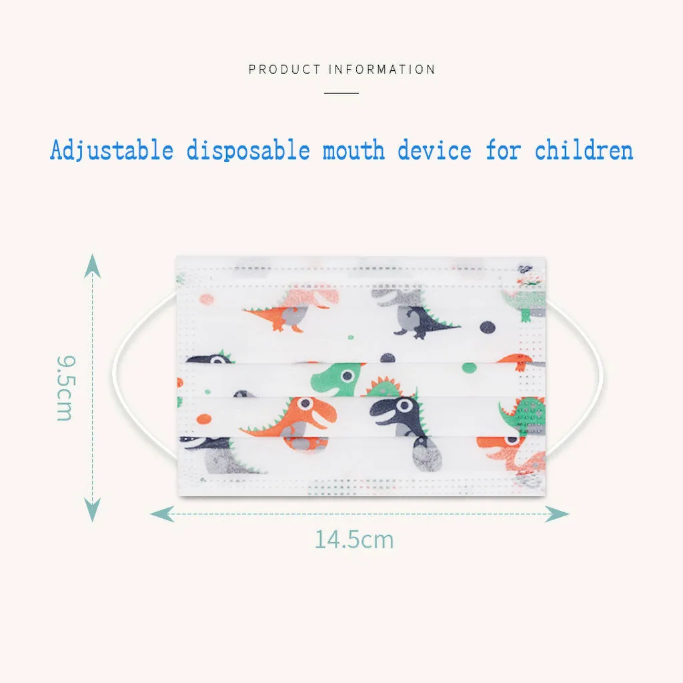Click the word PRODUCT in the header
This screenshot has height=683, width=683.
[285, 69]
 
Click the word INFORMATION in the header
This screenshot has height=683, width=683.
[382, 69]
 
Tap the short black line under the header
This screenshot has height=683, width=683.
[341, 93]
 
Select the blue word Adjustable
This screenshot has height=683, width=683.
[111, 150]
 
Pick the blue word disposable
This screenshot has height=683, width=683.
[247, 150]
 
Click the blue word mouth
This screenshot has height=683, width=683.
[354, 150]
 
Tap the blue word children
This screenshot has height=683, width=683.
[584, 150]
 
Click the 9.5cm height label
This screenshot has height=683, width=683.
[65, 388]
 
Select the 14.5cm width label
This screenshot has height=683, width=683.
[354, 539]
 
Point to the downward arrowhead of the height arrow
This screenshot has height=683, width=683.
[92, 512]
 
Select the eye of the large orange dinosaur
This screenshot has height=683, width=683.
[304, 403]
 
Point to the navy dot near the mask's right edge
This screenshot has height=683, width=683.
[489, 327]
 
